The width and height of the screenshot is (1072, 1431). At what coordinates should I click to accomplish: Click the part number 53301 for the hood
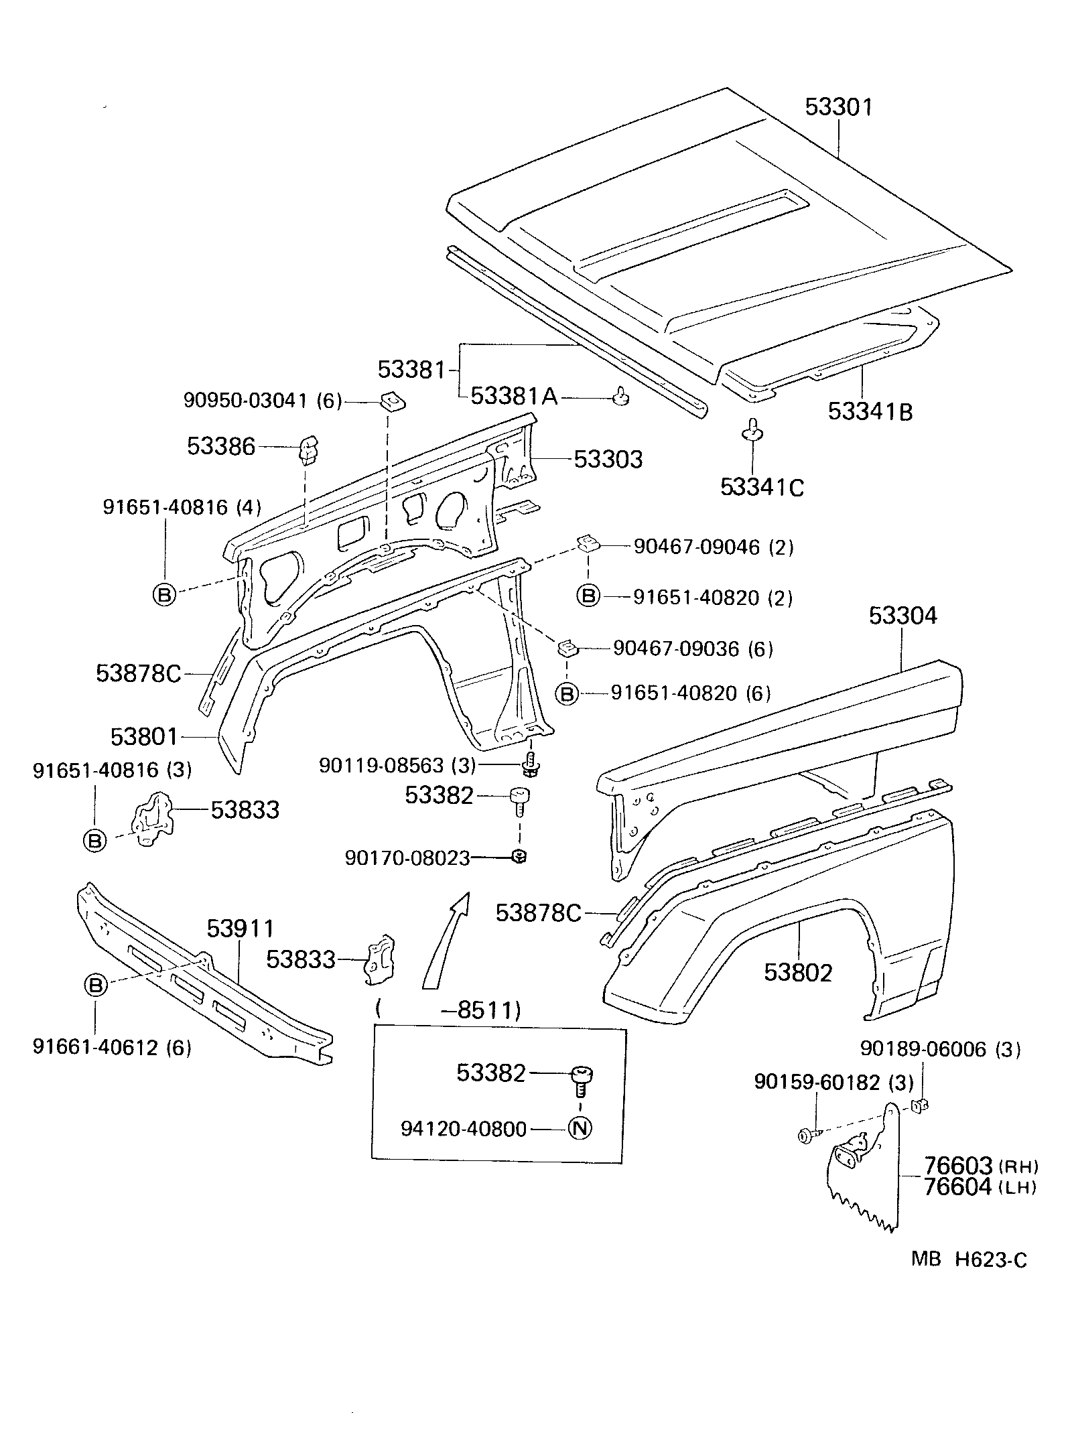pyautogui.click(x=839, y=107)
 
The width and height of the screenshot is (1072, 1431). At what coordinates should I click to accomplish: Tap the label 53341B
pyautogui.click(x=870, y=411)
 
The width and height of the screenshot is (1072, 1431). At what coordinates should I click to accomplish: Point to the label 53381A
pyautogui.click(x=514, y=397)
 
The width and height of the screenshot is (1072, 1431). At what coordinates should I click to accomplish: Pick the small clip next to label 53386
pyautogui.click(x=308, y=449)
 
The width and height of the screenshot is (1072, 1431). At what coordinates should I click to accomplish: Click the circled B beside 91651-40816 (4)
pyautogui.click(x=164, y=594)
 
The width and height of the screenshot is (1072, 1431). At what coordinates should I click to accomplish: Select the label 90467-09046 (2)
pyautogui.click(x=713, y=547)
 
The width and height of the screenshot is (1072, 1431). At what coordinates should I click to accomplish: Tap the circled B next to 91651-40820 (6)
pyautogui.click(x=567, y=694)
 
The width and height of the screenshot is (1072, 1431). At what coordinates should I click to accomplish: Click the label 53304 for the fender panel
pyautogui.click(x=902, y=616)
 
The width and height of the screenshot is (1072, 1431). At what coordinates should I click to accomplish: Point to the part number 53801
pyautogui.click(x=145, y=737)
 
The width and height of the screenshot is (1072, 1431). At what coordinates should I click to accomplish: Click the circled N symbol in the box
pyautogui.click(x=580, y=1128)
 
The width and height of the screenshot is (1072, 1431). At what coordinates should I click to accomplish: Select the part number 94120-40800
pyautogui.click(x=464, y=1129)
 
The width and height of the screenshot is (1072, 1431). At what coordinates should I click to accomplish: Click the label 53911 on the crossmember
pyautogui.click(x=240, y=929)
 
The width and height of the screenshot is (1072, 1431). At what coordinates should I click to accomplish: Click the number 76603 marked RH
pyautogui.click(x=957, y=1165)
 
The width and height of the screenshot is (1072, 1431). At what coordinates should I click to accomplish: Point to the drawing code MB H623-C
pyautogui.click(x=968, y=1259)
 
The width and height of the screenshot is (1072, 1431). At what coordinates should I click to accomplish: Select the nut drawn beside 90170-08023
pyautogui.click(x=519, y=856)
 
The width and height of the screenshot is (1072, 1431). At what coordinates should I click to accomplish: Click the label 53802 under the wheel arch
pyautogui.click(x=798, y=973)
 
